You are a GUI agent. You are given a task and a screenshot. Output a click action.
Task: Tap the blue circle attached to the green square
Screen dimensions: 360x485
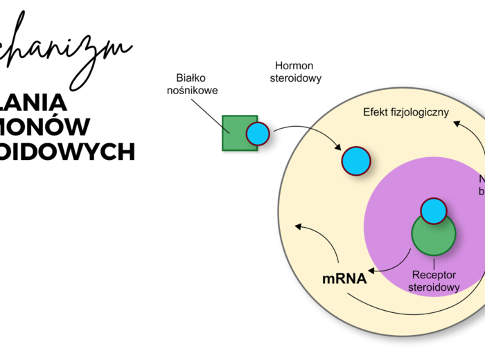[x=258, y=134]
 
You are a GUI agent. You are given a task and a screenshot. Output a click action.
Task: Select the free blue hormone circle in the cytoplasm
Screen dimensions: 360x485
[x=357, y=161]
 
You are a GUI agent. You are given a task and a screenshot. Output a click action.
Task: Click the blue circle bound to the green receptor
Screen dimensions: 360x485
[x=434, y=211]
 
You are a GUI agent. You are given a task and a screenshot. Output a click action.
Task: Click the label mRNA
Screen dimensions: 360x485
[x=344, y=280]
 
